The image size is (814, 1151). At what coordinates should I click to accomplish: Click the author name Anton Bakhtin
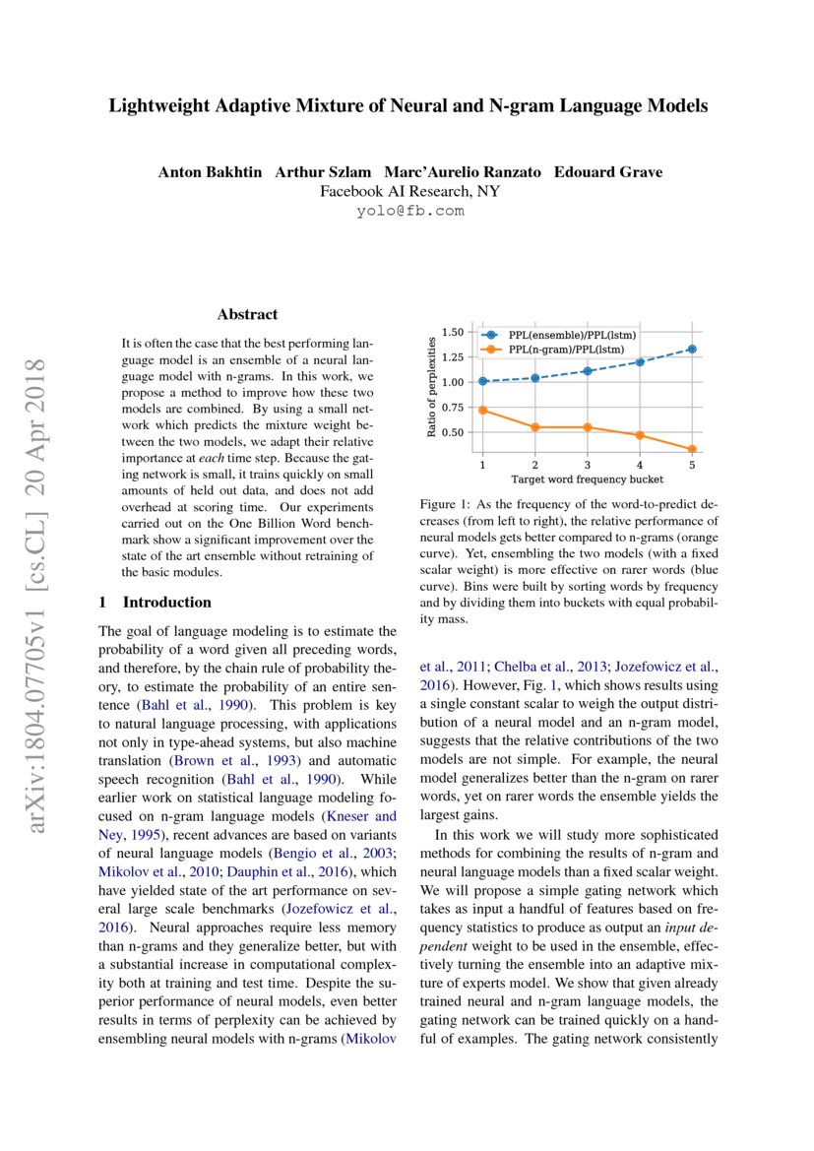(x=210, y=172)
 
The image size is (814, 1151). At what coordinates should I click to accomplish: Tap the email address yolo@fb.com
(x=409, y=211)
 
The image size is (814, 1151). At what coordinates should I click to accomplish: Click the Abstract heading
(x=247, y=315)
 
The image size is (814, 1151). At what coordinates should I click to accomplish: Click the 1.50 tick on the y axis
(x=452, y=332)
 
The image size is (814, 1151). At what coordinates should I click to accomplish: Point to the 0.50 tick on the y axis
(x=452, y=433)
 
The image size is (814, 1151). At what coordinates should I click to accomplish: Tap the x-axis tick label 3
(x=588, y=464)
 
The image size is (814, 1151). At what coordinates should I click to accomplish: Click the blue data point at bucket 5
(x=692, y=349)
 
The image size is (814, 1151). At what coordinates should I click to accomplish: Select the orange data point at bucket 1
(x=482, y=410)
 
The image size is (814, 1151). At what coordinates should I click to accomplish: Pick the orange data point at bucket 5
(x=692, y=450)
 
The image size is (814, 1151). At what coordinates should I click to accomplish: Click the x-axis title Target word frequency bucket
(x=587, y=480)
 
